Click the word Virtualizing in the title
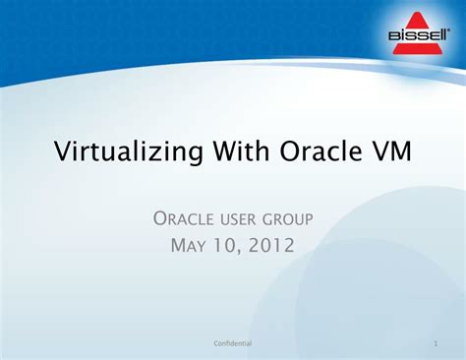click(x=129, y=151)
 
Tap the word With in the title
click(x=241, y=150)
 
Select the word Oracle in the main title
click(x=321, y=150)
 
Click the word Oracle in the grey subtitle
click(x=183, y=218)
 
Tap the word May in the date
click(x=188, y=245)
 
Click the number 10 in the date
click(x=225, y=245)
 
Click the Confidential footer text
click(x=233, y=343)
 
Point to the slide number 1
click(x=436, y=343)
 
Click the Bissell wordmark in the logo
click(x=418, y=35)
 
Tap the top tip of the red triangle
click(x=417, y=12)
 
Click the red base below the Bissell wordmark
click(x=417, y=48)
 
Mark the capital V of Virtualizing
click(x=63, y=150)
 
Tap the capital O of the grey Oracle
click(x=160, y=218)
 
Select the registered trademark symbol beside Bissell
click(x=448, y=30)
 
